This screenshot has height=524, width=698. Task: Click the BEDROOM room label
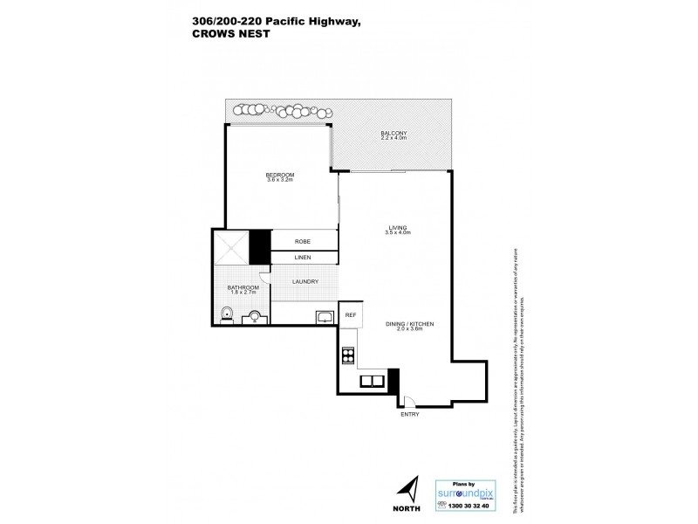280,175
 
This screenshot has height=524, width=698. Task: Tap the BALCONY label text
393,134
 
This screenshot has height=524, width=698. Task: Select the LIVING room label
398,229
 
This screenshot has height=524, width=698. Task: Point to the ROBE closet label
303,240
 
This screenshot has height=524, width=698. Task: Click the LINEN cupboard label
303,258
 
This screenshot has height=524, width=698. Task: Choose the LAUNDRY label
305,281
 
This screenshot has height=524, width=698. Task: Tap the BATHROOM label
243,287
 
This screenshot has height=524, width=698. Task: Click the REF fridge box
350,314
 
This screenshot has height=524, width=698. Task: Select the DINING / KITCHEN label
409,324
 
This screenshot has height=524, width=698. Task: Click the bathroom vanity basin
256,317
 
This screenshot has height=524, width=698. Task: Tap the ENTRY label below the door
409,414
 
